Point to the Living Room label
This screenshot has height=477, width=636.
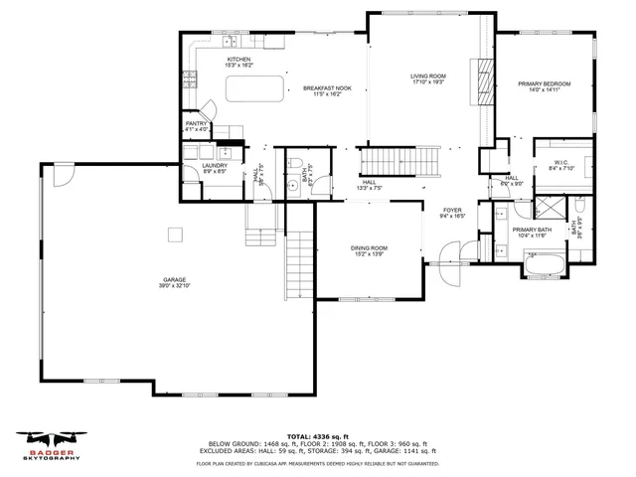(428, 79)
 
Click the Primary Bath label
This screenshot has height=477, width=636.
(531, 232)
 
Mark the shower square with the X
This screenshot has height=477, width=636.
(549, 208)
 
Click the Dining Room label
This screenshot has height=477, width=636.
(368, 250)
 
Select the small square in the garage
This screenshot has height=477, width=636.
(175, 235)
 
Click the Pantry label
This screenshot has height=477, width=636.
(196, 126)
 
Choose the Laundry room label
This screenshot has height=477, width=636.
(214, 168)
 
